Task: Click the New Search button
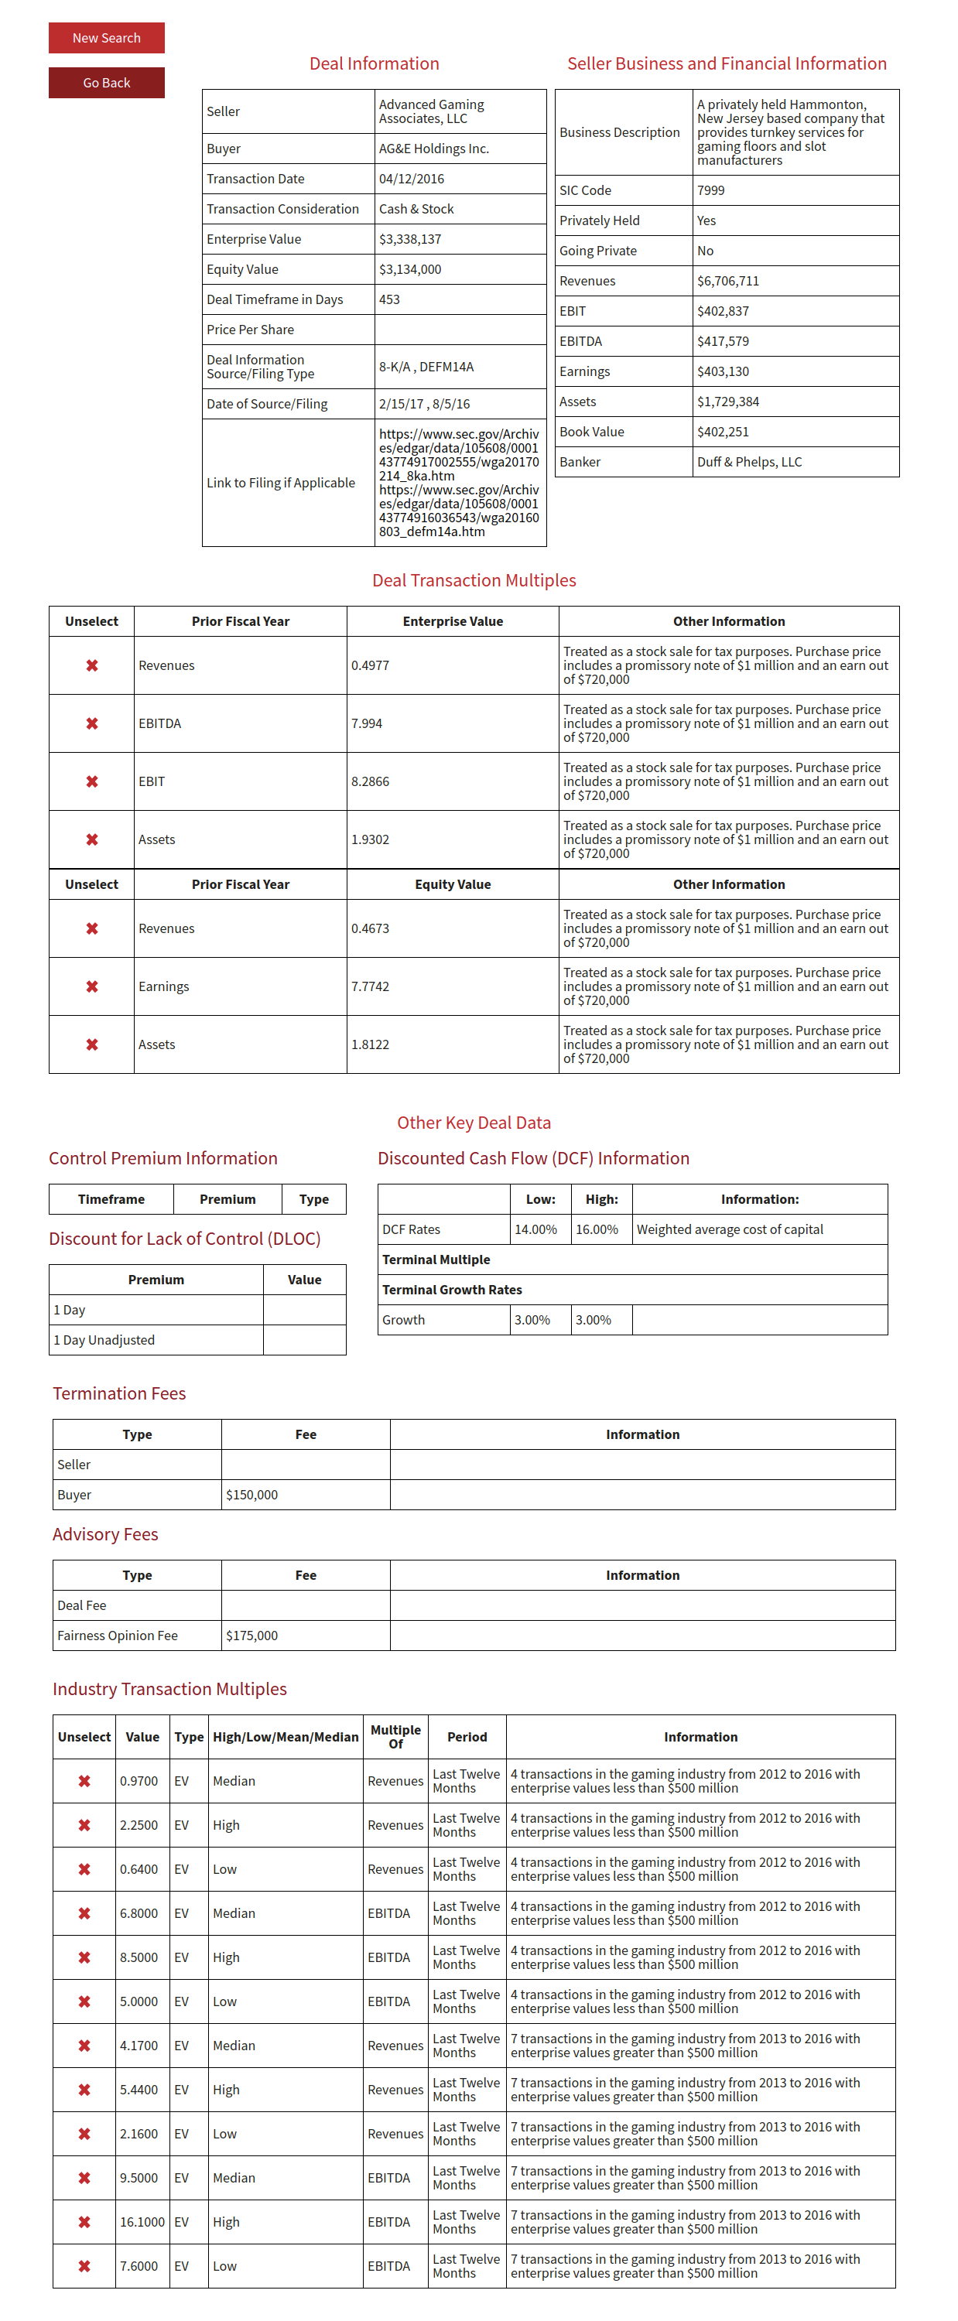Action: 106,38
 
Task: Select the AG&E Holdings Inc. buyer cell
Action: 433,149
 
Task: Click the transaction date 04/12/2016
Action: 411,179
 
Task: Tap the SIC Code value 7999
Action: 710,190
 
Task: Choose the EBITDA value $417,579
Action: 722,340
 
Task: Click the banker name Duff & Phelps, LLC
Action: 748,461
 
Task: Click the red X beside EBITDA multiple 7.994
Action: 92,723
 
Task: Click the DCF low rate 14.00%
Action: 535,1229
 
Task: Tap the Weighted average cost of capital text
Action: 729,1229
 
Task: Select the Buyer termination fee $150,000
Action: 251,1495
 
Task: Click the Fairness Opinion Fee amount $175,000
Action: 251,1636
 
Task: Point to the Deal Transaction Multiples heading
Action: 474,580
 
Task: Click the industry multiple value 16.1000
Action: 142,2222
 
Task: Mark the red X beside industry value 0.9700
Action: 84,1781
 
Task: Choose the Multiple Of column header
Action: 395,1736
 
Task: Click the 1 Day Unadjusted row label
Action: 104,1340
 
